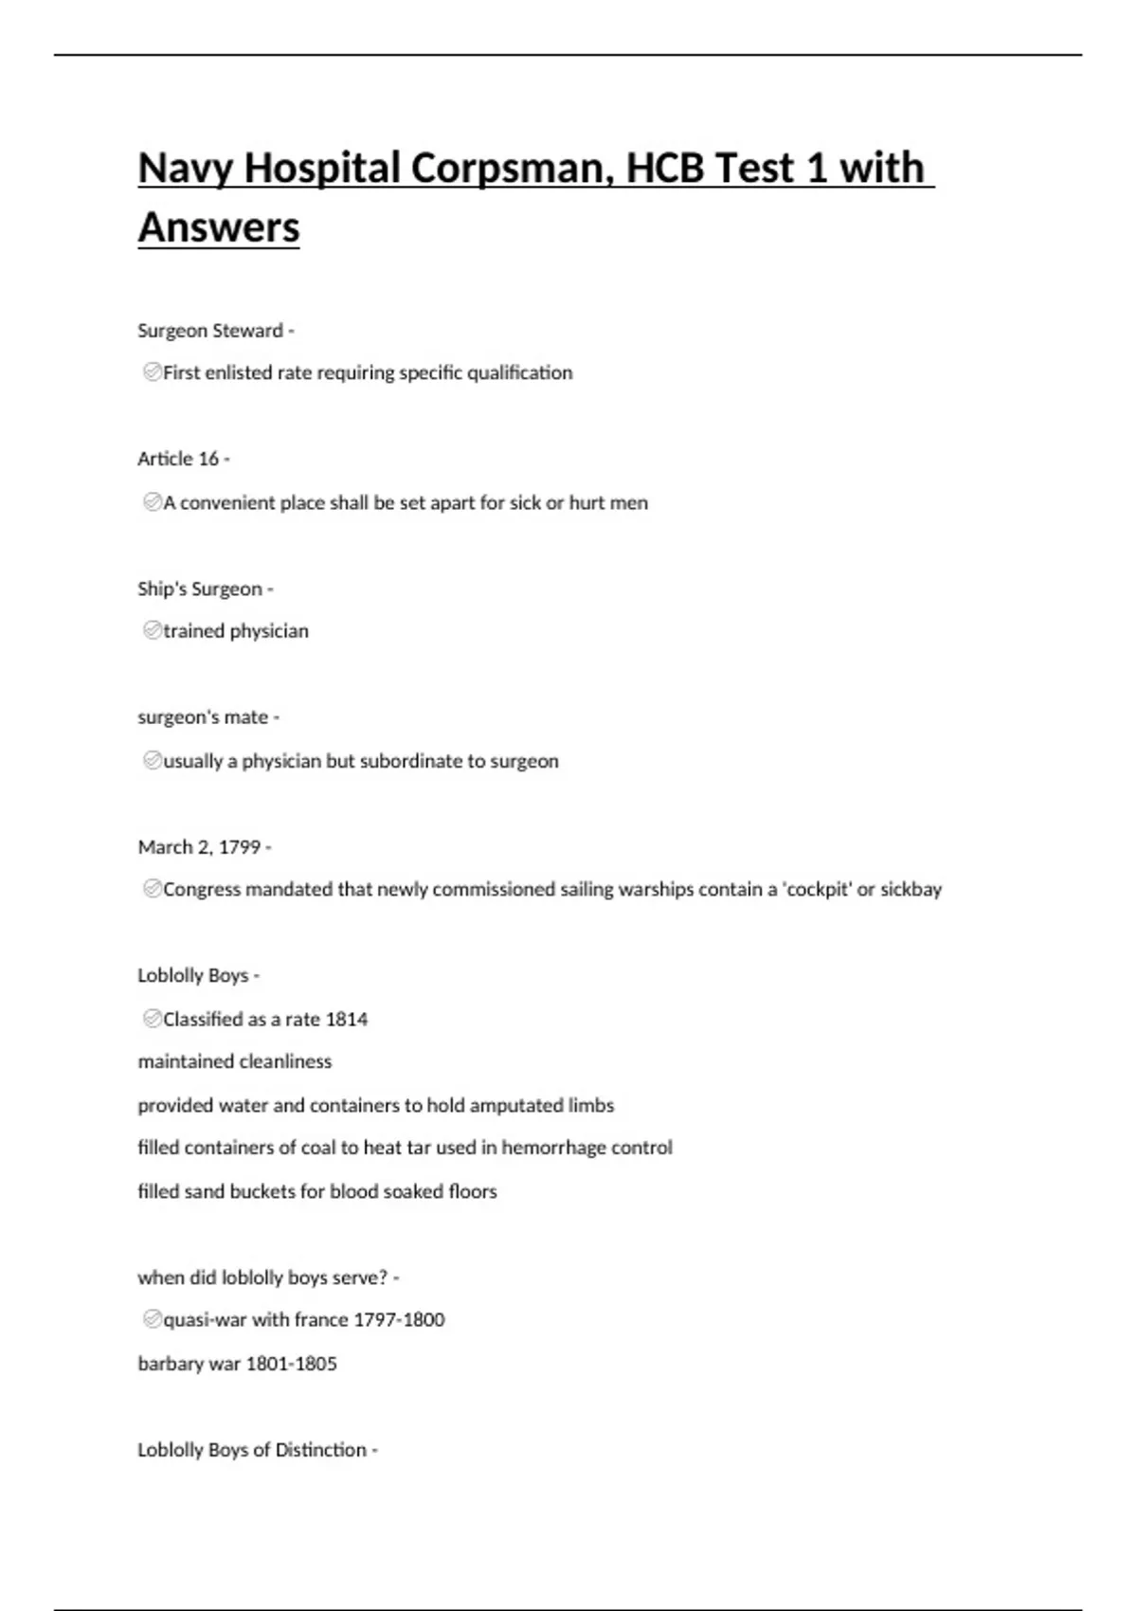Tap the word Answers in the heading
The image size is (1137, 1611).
pyautogui.click(x=219, y=228)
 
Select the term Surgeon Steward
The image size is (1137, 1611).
pyautogui.click(x=210, y=331)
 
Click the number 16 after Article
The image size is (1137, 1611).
pyautogui.click(x=208, y=460)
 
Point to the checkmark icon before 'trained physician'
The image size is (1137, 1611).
pyautogui.click(x=152, y=630)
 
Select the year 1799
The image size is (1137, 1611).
pyautogui.click(x=239, y=847)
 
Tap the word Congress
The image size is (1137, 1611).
pyautogui.click(x=202, y=890)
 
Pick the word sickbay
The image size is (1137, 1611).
pyautogui.click(x=911, y=890)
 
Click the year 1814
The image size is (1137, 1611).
pyautogui.click(x=346, y=1020)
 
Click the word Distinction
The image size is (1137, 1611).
pyautogui.click(x=321, y=1450)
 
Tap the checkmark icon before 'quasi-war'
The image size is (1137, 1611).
pyautogui.click(x=152, y=1319)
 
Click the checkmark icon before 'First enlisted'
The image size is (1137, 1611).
pyautogui.click(x=152, y=372)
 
